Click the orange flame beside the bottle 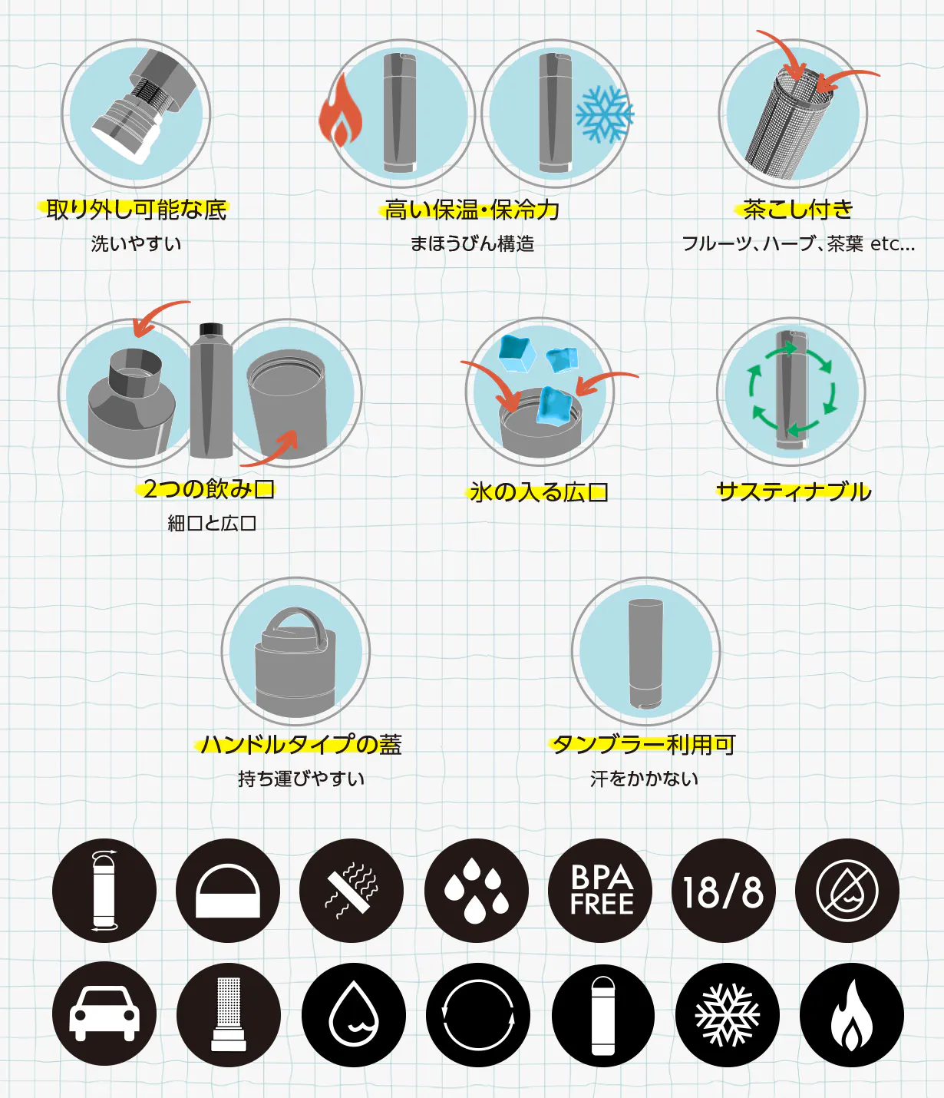pos(340,110)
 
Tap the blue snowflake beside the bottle pos(605,114)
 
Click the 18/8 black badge pos(724,891)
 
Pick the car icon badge pos(104,1014)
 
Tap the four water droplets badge pos(477,891)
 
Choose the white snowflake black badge pos(728,1014)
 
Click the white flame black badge pos(852,1014)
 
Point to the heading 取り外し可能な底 pos(137,210)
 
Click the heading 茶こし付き pos(797,210)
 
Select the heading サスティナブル pos(794,492)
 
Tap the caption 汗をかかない pos(644,779)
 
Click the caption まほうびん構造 pos(472,244)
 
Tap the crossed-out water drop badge pos(847,891)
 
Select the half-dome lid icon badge pos(228,891)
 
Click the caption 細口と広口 pos(212,524)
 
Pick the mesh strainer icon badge pos(228,1014)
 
